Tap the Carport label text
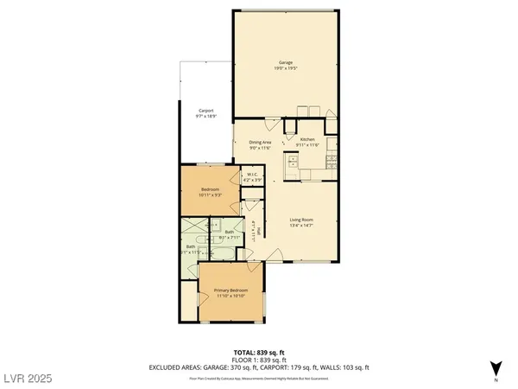pyautogui.click(x=206, y=111)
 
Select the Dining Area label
pyautogui.click(x=260, y=142)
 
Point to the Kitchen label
pyautogui.click(x=307, y=139)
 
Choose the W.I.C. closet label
pyautogui.click(x=251, y=175)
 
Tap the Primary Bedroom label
pyautogui.click(x=231, y=290)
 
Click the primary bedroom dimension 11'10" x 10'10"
pyautogui.click(x=231, y=296)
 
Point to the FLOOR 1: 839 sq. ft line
pyautogui.click(x=259, y=360)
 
